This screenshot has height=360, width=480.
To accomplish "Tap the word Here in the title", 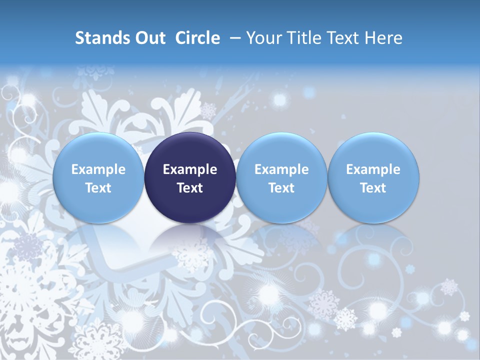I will (x=383, y=38).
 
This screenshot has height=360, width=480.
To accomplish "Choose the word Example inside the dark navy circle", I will (x=190, y=169).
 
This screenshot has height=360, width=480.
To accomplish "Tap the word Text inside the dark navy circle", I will (x=190, y=188).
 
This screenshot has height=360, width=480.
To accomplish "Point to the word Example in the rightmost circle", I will (x=373, y=169).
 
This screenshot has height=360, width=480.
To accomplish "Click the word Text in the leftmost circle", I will (x=98, y=188).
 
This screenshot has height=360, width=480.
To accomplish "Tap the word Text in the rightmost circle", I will (x=373, y=188).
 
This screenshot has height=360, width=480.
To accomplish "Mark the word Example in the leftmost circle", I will (x=98, y=169).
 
